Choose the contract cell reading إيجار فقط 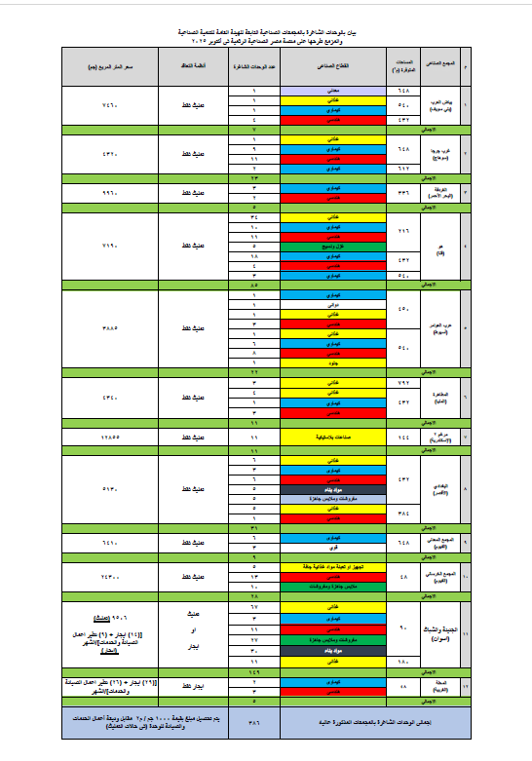click(x=193, y=687)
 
